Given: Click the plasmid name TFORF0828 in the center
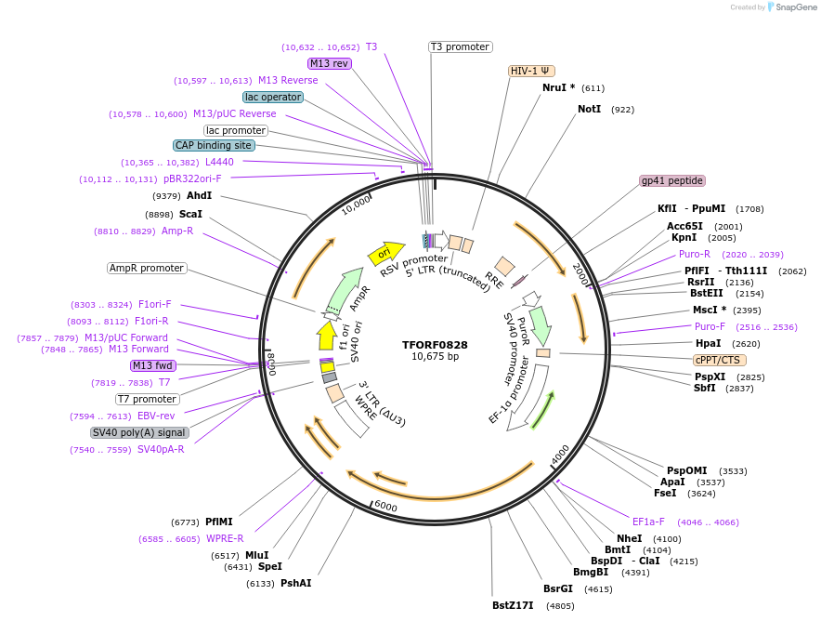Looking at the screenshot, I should pyautogui.click(x=435, y=344).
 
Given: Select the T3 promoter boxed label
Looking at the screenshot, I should pyautogui.click(x=460, y=46).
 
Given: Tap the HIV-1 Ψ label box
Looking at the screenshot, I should pyautogui.click(x=532, y=71).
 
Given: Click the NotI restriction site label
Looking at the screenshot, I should pyautogui.click(x=589, y=109).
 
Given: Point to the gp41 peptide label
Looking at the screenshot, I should pyautogui.click(x=672, y=180).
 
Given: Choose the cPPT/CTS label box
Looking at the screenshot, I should pyautogui.click(x=720, y=360).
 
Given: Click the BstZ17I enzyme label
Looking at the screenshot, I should pyautogui.click(x=513, y=605).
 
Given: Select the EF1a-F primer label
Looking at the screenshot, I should pyautogui.click(x=653, y=522).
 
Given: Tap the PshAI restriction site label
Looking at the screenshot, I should pyautogui.click(x=296, y=583).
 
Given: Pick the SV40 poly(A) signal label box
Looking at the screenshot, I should pyautogui.click(x=139, y=432).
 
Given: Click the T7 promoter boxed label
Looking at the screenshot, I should pyautogui.click(x=148, y=399).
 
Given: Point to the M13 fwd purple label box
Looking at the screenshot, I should pyautogui.click(x=153, y=365).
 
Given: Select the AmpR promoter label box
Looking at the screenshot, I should pyautogui.click(x=147, y=268).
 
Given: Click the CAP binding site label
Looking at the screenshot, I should pyautogui.click(x=213, y=145).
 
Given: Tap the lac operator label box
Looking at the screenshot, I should pyautogui.click(x=272, y=97).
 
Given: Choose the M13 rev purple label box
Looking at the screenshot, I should pyautogui.click(x=330, y=63).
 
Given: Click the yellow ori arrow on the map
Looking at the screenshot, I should pyautogui.click(x=385, y=252).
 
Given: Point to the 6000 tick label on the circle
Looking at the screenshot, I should pyautogui.click(x=385, y=507).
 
